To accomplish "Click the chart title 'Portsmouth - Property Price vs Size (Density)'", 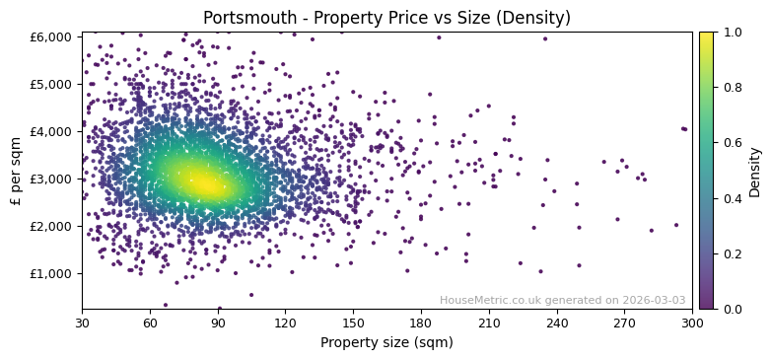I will (386, 18).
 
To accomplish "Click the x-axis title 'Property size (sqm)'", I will (386, 343).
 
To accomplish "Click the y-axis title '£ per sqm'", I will (17, 171).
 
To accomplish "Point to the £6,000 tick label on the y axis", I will (51, 36).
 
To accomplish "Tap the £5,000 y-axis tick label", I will (51, 84).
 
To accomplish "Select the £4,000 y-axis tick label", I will (51, 131).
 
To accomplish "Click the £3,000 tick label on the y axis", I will (51, 179).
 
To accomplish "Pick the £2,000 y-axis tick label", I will (51, 226).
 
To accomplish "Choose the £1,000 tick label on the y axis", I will (51, 273).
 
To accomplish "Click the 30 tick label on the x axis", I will (82, 323).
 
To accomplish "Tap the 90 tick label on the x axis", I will (218, 323).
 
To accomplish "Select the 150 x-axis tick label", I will (353, 323).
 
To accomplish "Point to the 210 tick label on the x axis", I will (489, 323).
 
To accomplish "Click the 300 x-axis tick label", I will (692, 323).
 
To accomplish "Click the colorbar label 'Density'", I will (754, 171).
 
